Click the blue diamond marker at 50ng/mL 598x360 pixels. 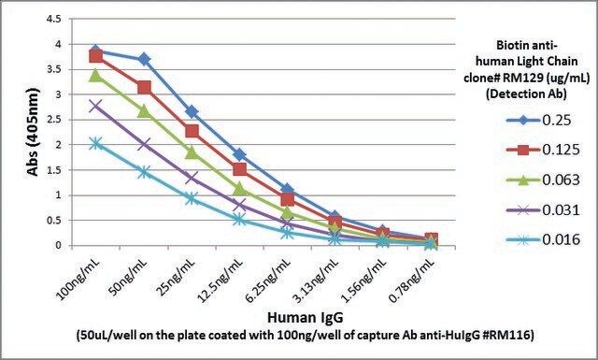144,59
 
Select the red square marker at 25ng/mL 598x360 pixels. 192,131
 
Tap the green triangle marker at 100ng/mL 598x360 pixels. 95,76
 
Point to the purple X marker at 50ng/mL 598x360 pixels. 144,145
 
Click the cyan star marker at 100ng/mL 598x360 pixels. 95,144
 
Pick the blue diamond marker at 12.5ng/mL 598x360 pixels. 239,154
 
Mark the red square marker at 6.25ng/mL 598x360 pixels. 287,199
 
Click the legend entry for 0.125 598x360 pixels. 543,150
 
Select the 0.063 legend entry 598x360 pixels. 543,180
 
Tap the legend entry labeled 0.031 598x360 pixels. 543,209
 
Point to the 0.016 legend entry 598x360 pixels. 543,239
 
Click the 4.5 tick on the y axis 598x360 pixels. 53,19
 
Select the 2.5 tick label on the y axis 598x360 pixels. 53,120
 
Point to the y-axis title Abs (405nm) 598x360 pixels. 34,132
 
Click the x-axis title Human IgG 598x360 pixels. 306,317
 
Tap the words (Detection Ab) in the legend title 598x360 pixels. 527,94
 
